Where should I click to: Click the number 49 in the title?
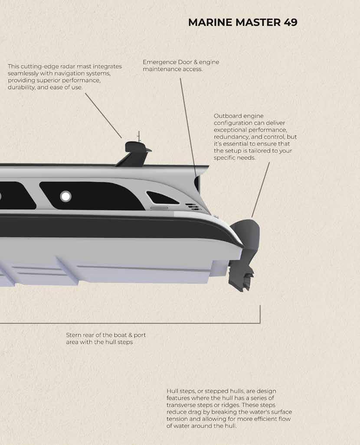point(290,23)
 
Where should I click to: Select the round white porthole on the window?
point(65,196)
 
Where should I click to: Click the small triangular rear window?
point(162,198)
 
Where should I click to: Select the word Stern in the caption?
point(74,335)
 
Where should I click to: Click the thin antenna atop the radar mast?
point(138,136)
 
